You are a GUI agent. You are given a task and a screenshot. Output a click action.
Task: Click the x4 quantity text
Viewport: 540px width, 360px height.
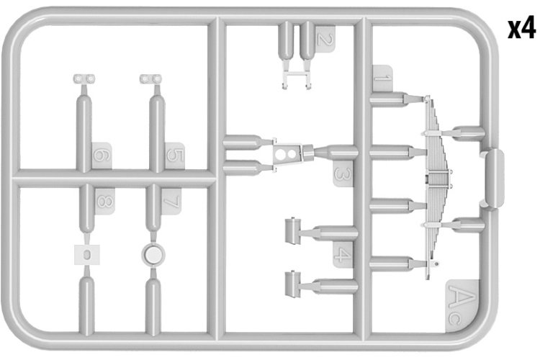point(521,29)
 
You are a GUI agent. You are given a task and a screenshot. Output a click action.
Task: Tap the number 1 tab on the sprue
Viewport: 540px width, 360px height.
point(382,78)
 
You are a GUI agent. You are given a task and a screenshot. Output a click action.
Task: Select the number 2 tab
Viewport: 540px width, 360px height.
point(324,38)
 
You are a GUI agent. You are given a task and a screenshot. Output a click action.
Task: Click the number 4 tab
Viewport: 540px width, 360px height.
point(343,255)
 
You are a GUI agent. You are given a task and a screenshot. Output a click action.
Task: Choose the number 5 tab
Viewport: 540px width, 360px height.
point(175,156)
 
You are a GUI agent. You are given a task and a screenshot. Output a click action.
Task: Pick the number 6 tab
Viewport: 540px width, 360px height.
point(102,156)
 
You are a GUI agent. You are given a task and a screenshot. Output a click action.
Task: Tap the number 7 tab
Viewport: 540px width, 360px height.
point(171,202)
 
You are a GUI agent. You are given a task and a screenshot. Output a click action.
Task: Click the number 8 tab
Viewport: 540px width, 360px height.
point(104,202)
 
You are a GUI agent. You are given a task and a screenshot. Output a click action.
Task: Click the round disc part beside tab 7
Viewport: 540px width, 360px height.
point(153,255)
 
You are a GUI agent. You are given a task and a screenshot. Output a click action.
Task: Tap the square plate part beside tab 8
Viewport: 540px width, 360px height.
point(87,255)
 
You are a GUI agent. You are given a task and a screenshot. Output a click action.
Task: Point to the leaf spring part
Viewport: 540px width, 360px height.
point(436,186)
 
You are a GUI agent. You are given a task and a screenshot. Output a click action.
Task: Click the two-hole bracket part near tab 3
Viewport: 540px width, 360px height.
point(287,153)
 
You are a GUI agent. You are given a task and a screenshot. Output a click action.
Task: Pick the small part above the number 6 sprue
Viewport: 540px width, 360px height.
point(84,79)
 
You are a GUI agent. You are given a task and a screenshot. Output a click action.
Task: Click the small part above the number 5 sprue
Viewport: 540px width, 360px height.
point(150,79)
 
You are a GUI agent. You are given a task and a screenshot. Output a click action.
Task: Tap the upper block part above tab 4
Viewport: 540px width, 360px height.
point(293,231)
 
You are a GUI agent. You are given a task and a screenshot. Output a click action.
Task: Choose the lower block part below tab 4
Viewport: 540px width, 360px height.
point(293,284)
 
